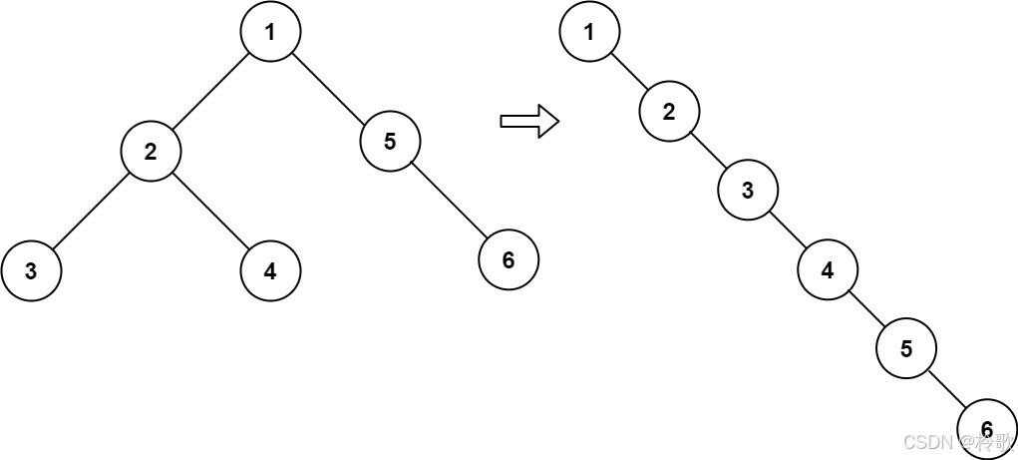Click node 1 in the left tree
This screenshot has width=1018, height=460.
click(270, 31)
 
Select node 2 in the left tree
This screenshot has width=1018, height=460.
click(151, 152)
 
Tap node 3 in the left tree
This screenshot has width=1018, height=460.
click(31, 270)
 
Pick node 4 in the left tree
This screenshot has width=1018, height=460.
click(270, 270)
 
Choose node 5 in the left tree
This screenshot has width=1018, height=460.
click(390, 142)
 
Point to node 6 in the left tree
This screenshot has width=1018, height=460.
click(509, 260)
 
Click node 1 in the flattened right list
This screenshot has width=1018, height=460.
click(589, 31)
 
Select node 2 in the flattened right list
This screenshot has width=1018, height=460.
click(669, 111)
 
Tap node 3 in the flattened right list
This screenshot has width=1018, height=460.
click(749, 191)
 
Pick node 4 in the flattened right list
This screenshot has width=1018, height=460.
click(828, 269)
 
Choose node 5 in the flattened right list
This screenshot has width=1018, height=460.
click(906, 348)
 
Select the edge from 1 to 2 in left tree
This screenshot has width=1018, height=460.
click(210, 91)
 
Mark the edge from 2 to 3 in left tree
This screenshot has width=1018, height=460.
click(91, 211)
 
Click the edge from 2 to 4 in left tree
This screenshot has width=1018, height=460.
click(210, 211)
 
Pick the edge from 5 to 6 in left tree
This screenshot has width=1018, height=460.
click(449, 201)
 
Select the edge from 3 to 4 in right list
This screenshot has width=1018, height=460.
click(788, 230)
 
